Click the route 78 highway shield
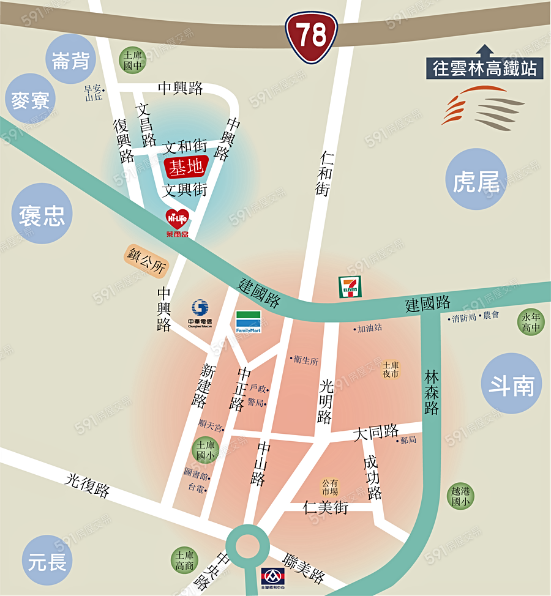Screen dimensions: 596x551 point(312,37)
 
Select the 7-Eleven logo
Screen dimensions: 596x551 point(350,286)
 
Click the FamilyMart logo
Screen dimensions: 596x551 point(249,322)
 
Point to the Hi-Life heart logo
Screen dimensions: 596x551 point(178,220)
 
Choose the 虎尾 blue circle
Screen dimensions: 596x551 point(477,180)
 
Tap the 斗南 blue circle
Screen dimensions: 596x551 point(511,385)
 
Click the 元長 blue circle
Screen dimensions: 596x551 point(48,561)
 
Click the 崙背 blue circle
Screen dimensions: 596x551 point(71,59)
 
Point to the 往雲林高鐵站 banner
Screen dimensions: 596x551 point(484,68)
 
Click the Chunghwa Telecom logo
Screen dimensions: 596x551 point(200,313)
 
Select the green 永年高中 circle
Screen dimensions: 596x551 point(530,322)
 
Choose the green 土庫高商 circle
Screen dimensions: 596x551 point(184,561)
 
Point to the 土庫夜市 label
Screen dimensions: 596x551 point(391,369)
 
